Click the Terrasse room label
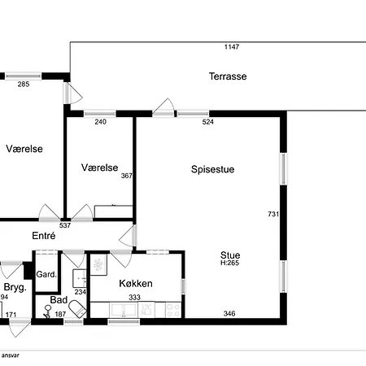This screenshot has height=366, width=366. coord(228,76)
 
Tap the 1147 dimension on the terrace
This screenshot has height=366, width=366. coord(232,47)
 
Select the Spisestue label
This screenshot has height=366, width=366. coord(213,169)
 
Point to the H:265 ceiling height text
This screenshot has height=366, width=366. coord(229,263)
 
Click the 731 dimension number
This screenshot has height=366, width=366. coord(273,214)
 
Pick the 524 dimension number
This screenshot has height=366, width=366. coord(208,122)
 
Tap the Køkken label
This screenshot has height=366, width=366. coord(136,284)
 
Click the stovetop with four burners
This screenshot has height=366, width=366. coord(173,310)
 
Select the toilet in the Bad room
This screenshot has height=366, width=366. coord(77,309)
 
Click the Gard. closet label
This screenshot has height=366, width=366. coord(46,274)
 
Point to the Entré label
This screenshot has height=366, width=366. coord(44,236)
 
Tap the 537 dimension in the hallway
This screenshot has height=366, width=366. coord(65,225)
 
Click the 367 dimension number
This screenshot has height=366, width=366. coord(126,176)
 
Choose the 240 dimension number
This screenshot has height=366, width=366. coord(100,122)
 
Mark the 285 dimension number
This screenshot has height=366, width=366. coord(24,85)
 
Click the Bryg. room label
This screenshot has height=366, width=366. coord(15,287)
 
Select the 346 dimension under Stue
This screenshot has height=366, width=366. coord(229,314)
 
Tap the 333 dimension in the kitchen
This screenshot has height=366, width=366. coord(134,298)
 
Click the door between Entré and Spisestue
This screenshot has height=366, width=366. coord(128,236)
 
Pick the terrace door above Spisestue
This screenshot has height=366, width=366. coord(163,108)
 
